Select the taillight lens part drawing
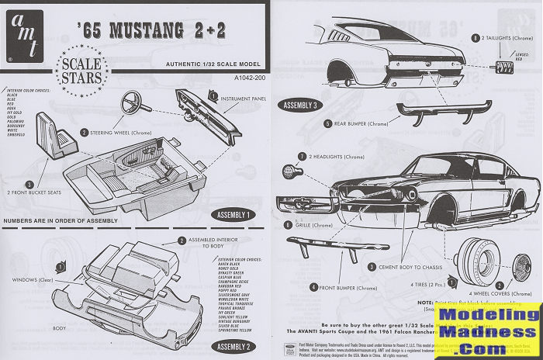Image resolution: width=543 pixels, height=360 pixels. (x=505, y=67)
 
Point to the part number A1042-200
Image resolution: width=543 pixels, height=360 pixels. (x=229, y=78)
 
